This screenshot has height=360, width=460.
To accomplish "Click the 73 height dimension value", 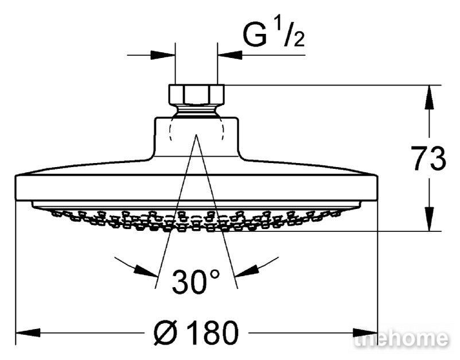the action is [x=428, y=158].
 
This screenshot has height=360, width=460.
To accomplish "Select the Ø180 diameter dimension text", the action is [x=196, y=332].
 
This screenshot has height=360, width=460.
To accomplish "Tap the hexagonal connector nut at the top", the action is [x=197, y=94].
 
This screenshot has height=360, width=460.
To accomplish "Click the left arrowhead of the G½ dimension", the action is [x=163, y=55].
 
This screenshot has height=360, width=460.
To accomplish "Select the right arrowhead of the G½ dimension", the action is [x=230, y=55].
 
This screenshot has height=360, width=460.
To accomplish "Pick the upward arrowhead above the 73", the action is [x=429, y=98].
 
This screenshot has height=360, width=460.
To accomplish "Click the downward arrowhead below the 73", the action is [x=429, y=218].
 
